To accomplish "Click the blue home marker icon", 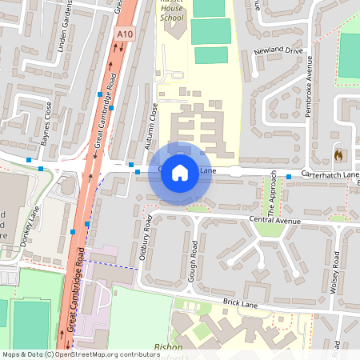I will point(180,172).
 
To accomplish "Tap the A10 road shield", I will point(124,34).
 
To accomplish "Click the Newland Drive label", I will point(278,50).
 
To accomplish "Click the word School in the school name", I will point(171,17).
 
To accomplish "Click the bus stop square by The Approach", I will point(288,176).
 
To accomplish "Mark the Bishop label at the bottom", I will point(169,347).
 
